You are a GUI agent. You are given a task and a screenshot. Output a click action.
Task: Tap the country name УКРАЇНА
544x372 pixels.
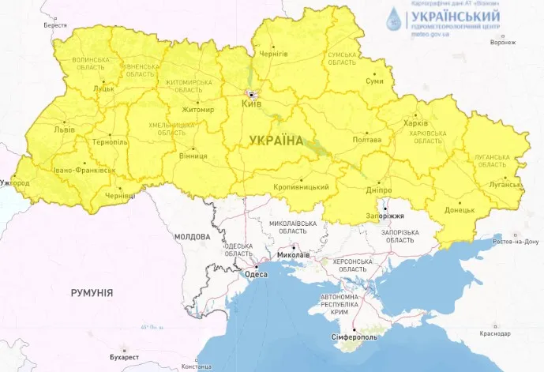click(276, 141)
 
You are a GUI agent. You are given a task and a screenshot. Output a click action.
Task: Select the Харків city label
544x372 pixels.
click(415, 124)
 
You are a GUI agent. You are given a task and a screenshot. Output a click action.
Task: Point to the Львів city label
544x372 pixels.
click(64, 129)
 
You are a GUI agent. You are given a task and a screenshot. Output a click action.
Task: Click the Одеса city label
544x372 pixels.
click(257, 274)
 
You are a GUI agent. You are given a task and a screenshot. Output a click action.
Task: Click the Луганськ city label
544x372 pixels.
click(506, 184)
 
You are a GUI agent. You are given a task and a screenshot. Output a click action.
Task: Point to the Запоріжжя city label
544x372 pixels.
click(385, 216)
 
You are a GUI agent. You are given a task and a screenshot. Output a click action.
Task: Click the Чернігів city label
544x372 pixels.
click(273, 54)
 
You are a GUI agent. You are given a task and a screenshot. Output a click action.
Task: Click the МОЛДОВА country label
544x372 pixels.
click(192, 237)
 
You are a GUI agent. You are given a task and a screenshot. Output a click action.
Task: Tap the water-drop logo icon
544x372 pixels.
click(393, 17)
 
